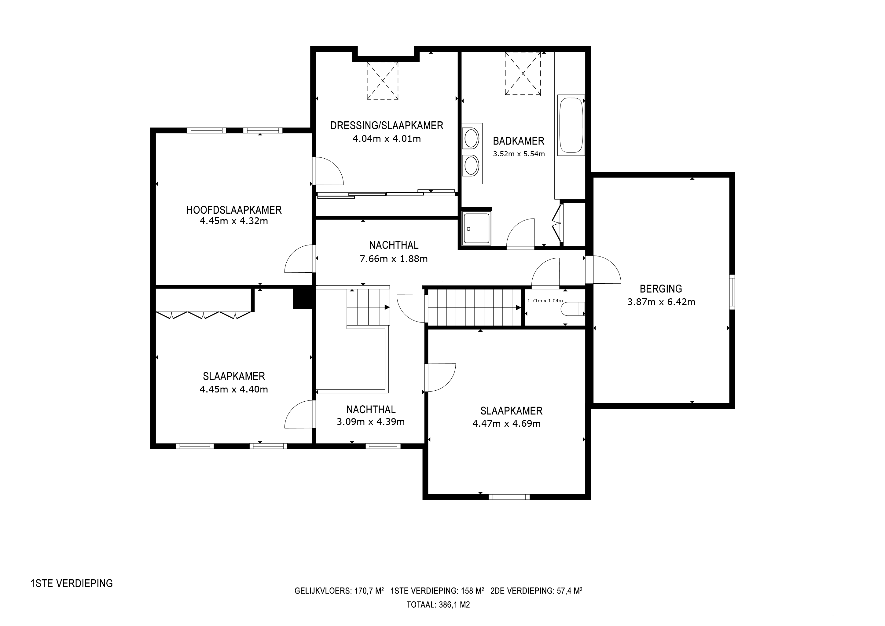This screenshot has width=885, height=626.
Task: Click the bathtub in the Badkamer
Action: tap(571, 125)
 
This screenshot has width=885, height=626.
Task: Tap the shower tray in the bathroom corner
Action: tap(477, 229)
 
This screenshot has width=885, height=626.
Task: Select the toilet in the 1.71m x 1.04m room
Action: tap(574, 309)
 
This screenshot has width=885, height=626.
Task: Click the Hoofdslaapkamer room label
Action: tap(234, 210)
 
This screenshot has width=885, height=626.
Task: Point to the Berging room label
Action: tap(661, 289)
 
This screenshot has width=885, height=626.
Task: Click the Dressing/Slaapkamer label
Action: tap(387, 125)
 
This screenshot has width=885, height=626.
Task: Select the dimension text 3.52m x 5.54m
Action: tap(519, 154)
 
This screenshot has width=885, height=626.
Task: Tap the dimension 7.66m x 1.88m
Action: tap(394, 259)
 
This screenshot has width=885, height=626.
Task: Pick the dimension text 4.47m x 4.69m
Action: tap(506, 424)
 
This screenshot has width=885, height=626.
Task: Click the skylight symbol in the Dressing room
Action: tap(382, 81)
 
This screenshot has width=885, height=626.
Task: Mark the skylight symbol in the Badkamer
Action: tap(523, 73)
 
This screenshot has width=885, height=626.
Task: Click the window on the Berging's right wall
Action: tap(732, 292)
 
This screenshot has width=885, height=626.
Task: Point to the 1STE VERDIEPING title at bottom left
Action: tap(72, 584)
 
